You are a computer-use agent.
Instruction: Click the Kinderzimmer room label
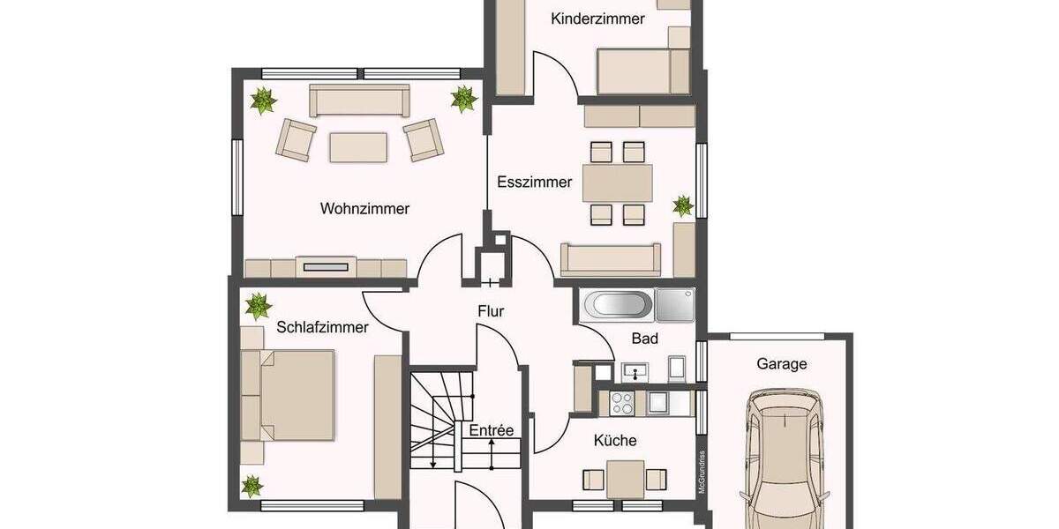pos(597,19)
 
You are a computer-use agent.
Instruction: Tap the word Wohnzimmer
pos(364,209)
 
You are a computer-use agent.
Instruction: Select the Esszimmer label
pos(534,183)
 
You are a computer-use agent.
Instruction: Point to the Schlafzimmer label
pos(322,327)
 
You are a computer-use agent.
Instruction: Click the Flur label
pos(491,310)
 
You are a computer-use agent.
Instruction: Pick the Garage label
pos(781,363)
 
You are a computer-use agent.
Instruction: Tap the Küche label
pos(615,440)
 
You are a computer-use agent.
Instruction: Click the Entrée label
pos(491,430)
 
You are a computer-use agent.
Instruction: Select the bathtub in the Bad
pos(618,306)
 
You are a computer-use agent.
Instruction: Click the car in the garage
pos(782,458)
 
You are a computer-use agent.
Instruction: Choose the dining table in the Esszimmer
pos(618,183)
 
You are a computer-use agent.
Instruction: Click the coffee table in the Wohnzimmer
pos(358,146)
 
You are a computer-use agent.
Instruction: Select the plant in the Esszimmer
pos(683,206)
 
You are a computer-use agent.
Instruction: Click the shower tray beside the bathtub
pos(675,305)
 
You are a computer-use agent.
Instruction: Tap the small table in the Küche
pos(625,479)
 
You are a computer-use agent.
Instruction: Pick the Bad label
pos(645,339)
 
